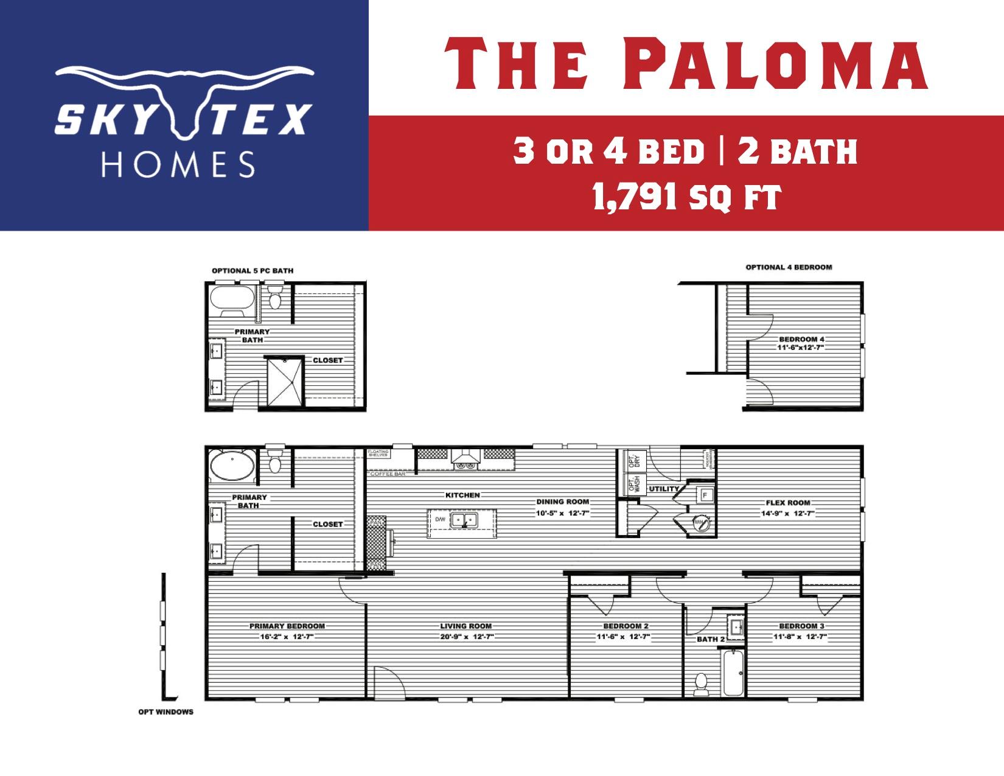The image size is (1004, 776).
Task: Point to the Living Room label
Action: tap(466, 626)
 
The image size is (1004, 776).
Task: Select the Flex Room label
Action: tap(788, 503)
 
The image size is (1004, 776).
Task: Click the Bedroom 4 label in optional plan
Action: tap(801, 339)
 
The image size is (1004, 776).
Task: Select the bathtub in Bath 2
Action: tap(733, 673)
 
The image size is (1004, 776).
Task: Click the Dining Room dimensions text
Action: tap(563, 513)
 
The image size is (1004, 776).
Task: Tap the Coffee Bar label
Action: tap(388, 474)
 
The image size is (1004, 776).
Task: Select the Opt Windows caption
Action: tap(166, 711)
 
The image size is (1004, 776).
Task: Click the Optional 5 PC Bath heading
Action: tap(252, 270)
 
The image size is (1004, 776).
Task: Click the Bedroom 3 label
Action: tap(801, 626)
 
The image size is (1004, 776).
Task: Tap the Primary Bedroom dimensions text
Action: tap(287, 637)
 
